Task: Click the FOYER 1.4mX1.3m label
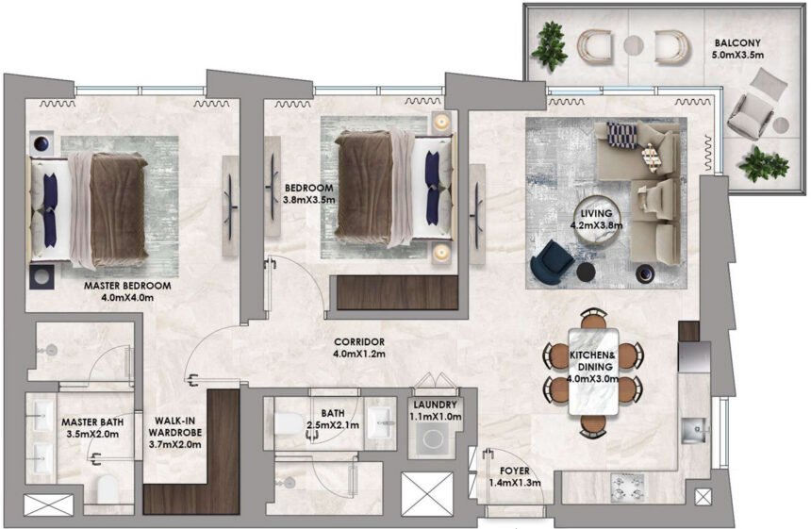pos(514,476)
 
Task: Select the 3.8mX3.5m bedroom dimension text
pos(309,200)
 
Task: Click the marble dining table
pos(591,370)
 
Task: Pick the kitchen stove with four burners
pos(629,488)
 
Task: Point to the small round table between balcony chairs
pos(633,44)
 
